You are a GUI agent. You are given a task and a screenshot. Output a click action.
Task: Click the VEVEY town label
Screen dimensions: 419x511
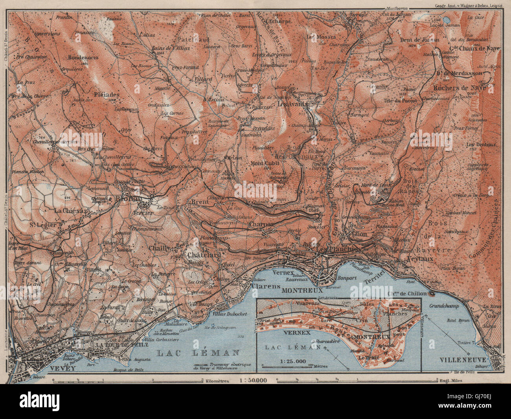(x=62, y=368)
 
